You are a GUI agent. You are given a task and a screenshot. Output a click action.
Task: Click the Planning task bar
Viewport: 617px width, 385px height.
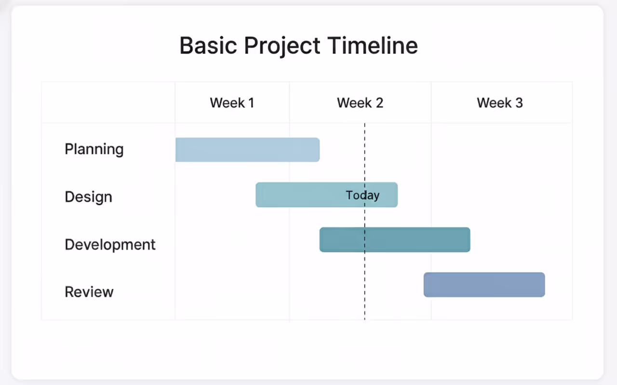247,150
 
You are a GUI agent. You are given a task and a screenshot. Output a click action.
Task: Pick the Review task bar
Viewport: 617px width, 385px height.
484,285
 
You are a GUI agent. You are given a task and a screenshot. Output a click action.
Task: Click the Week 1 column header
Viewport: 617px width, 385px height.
232,103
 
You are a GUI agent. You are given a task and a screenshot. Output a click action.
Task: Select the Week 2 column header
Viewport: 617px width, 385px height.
360,103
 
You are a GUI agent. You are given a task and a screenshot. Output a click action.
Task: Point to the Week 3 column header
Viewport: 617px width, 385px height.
500,103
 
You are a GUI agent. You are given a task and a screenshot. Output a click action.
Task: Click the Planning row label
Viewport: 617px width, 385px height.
94,150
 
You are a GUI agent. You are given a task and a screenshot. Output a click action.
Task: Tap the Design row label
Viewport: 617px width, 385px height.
88,197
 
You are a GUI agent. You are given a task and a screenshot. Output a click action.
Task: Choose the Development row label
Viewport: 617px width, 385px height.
110,244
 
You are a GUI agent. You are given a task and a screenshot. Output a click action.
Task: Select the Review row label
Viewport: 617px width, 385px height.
89,292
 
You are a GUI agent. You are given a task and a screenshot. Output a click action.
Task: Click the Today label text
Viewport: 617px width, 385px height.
362,195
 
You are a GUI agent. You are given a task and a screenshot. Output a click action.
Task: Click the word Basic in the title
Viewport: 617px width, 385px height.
208,46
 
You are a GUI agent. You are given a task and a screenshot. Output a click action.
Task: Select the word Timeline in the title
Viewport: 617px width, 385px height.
373,46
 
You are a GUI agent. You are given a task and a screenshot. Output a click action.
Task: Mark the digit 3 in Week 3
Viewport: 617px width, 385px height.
519,103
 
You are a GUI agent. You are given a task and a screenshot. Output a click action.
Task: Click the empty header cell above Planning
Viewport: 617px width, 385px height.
108,103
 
